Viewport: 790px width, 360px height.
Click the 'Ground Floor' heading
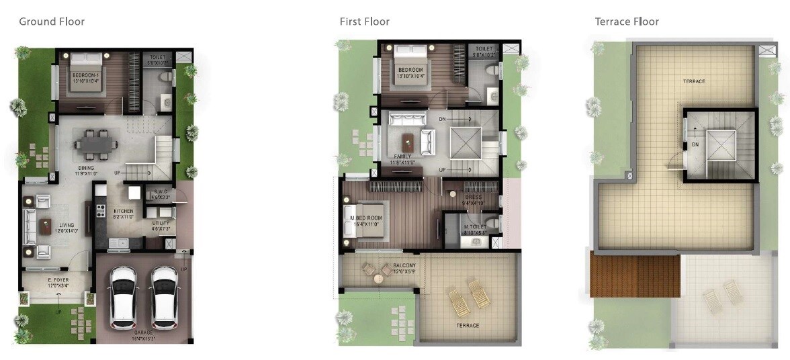coord(52,21)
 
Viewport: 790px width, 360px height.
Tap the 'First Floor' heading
coord(364,21)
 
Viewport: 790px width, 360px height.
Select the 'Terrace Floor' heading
coord(627,21)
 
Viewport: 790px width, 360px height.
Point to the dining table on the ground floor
coord(95,143)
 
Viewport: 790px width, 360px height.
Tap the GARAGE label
coord(143,333)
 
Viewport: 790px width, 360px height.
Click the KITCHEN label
coord(123,211)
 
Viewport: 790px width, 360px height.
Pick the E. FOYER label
coord(58,279)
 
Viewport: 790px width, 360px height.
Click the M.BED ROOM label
coord(369,219)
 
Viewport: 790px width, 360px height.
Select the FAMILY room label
coord(402,156)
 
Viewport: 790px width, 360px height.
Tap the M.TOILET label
coord(475,227)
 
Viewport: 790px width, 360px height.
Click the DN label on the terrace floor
coord(695,144)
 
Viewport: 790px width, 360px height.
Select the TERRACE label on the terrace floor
coord(694,81)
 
